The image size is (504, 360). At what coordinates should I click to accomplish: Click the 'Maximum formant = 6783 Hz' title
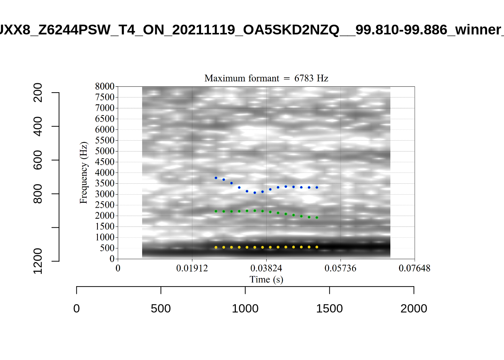coord(266,78)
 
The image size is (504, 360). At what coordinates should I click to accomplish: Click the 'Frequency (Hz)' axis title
coord(83,172)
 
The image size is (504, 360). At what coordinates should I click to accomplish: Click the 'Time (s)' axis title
coord(266,279)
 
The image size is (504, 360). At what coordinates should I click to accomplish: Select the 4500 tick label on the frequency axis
coord(105,162)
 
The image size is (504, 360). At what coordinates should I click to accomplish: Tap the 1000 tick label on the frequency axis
coord(105,237)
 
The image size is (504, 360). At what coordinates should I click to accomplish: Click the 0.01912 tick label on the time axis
coord(192,268)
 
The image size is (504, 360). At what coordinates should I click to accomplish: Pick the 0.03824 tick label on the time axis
coord(266,268)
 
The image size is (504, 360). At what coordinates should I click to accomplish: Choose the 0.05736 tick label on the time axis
coord(340,268)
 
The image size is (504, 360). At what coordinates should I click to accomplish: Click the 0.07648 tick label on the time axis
coord(414,268)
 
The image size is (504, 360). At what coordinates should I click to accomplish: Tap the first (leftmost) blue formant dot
coord(216,178)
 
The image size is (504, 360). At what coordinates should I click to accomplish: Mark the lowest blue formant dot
coord(255,193)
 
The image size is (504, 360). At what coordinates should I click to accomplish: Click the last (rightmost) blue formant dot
coord(317,187)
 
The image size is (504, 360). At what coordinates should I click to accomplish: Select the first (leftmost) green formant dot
coord(216,211)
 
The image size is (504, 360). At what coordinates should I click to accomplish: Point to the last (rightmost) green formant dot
coord(317,217)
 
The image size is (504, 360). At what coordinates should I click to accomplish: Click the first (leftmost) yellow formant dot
coord(216,247)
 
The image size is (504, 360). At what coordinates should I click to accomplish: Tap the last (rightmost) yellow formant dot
coord(317,247)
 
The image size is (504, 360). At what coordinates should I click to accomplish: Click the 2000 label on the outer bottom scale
coord(414,309)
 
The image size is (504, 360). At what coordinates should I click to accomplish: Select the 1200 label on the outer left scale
coord(38,261)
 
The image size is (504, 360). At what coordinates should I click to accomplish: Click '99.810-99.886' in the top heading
coord(401,30)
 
